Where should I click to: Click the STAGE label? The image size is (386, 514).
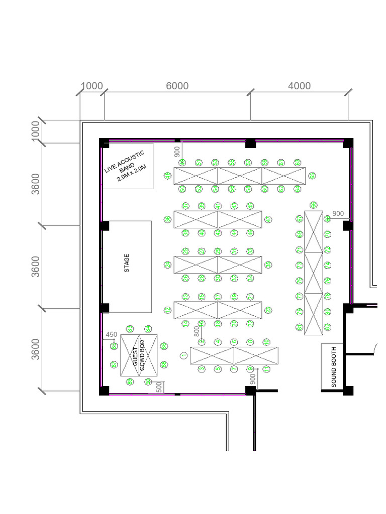click(127, 264)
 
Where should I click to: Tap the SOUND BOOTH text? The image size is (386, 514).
click(333, 366)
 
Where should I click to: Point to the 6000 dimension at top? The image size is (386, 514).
click(177, 86)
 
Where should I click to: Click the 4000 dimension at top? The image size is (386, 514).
click(299, 86)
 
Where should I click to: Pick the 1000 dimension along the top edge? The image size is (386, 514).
click(91, 86)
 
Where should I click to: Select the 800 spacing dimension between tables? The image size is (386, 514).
click(197, 331)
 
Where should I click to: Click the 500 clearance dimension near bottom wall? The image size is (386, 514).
click(159, 387)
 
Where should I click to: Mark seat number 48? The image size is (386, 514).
click(167, 176)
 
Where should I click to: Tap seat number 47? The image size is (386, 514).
click(268, 219)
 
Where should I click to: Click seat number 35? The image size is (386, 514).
click(268, 265)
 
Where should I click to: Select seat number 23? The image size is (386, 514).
click(268, 310)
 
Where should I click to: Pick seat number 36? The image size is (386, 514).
click(167, 219)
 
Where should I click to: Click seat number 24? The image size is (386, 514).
click(167, 265)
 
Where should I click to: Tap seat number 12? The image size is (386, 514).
click(167, 310)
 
